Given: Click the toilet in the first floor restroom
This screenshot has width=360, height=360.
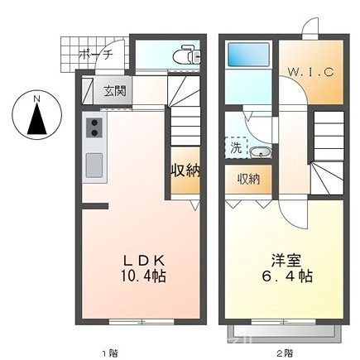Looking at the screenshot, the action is coord(186,55).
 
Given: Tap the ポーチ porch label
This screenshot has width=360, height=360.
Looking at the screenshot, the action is coord(96,55).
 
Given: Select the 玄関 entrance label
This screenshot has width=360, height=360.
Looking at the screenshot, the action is coord(115,91).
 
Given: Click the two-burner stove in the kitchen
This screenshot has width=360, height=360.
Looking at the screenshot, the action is coord(94,127).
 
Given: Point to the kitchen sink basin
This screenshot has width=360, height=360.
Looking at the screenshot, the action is coord(94,166).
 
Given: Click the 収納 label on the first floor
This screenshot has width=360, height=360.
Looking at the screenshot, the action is coord(185,171).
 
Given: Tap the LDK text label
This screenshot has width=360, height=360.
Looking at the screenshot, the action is coord(144,261).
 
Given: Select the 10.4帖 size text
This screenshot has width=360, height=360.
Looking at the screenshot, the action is coord(143,276).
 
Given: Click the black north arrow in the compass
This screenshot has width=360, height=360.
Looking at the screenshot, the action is coord(36,118).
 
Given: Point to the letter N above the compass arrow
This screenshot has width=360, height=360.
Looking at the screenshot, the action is coord(36,98).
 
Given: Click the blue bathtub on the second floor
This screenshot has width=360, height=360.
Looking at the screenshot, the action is coord(247,55).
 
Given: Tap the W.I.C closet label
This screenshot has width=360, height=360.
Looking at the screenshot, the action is coord(311,73).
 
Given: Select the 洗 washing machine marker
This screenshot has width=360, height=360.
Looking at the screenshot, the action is coord(236,148).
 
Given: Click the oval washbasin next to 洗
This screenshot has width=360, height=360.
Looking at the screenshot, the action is coord(261,152).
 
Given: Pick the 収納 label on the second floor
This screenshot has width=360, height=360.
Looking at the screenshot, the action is coord(249,180).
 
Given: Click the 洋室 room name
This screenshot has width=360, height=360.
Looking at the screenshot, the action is coord(286,261).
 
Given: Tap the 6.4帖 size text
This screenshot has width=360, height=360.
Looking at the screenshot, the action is coord(287,276).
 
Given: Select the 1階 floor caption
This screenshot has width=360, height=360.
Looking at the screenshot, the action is coord(110,353).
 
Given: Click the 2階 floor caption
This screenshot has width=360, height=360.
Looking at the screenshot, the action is coord(284,353).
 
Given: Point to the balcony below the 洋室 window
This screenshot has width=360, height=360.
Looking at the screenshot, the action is coord(284,332).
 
